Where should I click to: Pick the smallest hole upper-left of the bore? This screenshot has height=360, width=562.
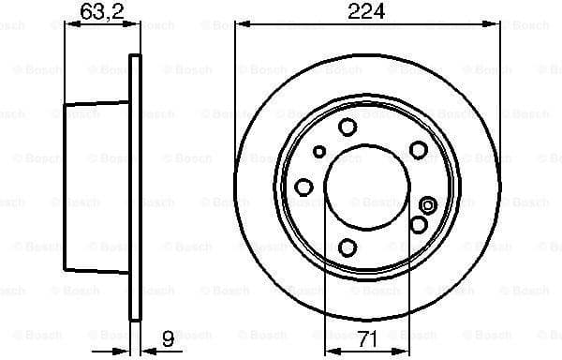319,151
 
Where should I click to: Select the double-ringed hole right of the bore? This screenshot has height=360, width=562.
429,205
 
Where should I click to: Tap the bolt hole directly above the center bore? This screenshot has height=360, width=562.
348,127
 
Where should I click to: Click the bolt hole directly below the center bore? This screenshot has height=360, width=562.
348,247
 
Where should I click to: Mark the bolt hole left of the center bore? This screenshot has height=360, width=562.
303,187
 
